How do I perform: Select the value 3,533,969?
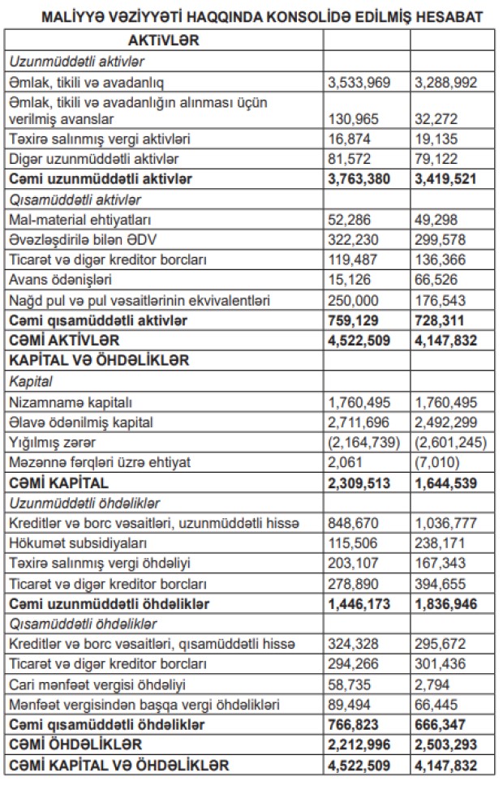coord(357,82)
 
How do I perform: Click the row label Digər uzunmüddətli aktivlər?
coord(93,157)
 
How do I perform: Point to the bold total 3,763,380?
coord(359,178)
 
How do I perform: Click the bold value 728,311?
coord(438,320)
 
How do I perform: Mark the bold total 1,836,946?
coord(445,604)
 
